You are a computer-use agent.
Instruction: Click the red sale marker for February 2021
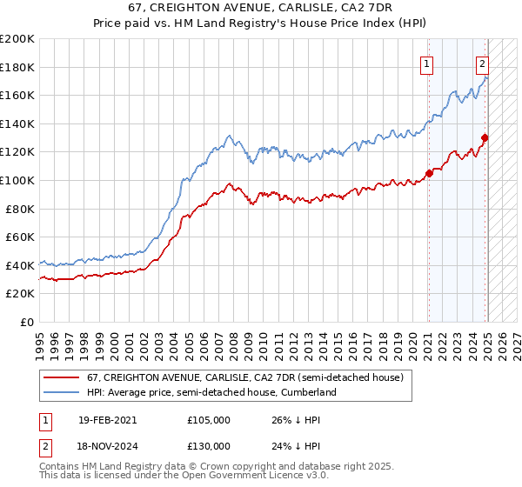[x=429, y=173]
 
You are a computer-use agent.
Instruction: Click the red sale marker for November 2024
[x=485, y=137]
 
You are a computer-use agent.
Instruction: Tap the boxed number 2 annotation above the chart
[x=482, y=63]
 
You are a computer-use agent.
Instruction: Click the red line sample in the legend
[x=61, y=378]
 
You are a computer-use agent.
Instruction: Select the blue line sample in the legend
[x=61, y=393]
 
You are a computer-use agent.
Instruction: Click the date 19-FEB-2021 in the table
[x=107, y=420]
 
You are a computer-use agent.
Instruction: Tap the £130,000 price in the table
[x=209, y=445]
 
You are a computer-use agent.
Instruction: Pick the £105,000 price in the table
[x=209, y=420]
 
